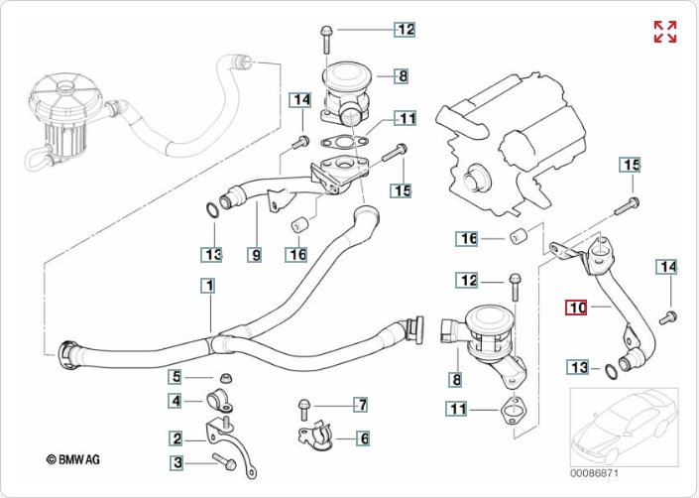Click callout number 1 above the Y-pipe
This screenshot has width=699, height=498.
click(x=208, y=287)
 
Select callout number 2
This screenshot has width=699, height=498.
click(x=175, y=438)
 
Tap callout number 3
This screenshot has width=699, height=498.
click(x=175, y=461)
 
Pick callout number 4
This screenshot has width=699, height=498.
click(x=175, y=401)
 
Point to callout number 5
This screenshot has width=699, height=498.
click(x=175, y=376)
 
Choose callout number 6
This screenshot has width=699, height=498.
click(x=363, y=437)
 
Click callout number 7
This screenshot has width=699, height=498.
click(x=363, y=405)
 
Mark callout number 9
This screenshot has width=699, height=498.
click(x=255, y=254)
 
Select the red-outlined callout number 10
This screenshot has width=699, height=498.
click(x=577, y=309)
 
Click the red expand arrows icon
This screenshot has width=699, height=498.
click(x=665, y=32)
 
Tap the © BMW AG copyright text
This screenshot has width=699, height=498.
click(x=72, y=459)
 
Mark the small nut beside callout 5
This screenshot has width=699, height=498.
click(x=225, y=377)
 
